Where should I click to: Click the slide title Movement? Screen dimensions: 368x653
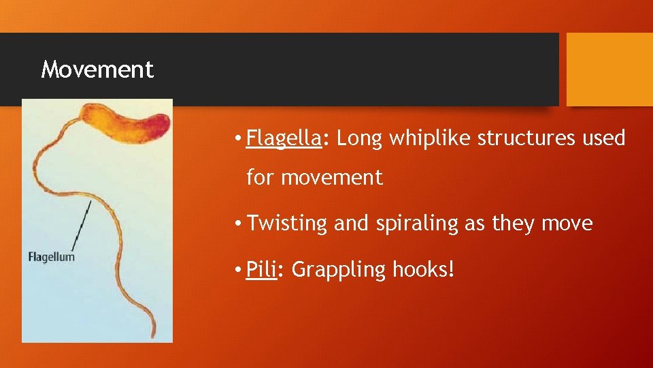coord(97,70)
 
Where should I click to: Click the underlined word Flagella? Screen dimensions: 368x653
coord(283,138)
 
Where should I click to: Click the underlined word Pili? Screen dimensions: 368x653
coord(261,270)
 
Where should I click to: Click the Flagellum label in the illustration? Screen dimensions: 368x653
coord(51,257)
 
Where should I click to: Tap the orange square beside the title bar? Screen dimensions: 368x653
coord(609,70)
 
